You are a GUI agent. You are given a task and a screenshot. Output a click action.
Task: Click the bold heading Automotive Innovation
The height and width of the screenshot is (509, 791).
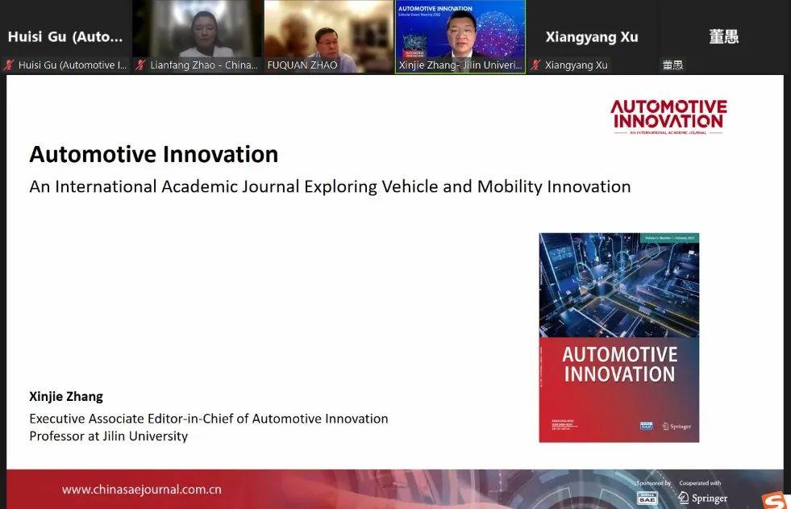(153, 154)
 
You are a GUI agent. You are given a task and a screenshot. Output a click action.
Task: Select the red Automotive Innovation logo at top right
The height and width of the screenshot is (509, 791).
(668, 116)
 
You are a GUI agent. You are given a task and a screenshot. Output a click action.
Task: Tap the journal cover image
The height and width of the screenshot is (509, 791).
(618, 337)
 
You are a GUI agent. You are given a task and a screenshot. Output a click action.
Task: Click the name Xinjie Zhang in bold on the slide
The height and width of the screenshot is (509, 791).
(66, 396)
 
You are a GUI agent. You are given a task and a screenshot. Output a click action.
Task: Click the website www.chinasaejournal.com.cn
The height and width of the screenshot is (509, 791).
(141, 490)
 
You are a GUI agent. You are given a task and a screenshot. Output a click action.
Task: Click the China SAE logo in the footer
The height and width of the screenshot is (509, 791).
(647, 498)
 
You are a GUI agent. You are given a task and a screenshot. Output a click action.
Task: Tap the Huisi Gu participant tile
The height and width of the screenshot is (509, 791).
(65, 36)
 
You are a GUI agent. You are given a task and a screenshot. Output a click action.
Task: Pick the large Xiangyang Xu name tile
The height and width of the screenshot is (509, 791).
(592, 36)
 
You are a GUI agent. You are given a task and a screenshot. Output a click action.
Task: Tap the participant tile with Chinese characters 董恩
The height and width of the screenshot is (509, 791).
(723, 36)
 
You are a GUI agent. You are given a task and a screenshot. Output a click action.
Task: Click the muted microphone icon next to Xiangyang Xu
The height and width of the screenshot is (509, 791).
(535, 65)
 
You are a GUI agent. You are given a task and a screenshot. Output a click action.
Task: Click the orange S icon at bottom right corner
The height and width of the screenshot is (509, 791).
(775, 502)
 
